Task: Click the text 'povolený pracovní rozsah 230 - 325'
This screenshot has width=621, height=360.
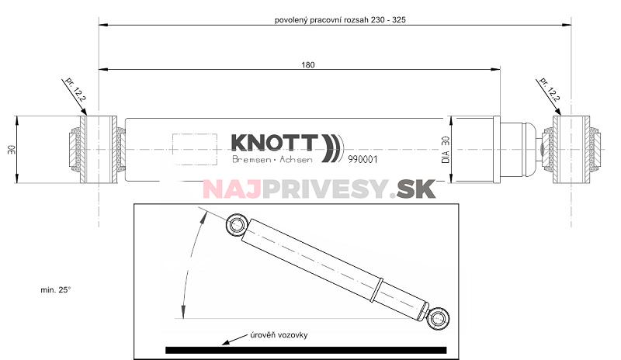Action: (341, 20)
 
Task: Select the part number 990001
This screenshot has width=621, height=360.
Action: (363, 159)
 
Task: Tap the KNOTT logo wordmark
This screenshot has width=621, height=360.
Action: (274, 144)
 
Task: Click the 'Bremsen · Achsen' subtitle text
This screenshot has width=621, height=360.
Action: (272, 160)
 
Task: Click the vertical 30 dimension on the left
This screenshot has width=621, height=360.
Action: (11, 149)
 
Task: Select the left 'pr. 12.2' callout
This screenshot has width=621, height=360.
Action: (73, 92)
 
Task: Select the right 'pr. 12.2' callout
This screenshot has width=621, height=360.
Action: (550, 92)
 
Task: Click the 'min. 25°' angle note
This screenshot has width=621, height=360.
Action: (56, 289)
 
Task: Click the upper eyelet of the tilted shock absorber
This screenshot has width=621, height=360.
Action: (234, 225)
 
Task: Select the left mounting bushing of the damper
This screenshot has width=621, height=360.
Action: (99, 149)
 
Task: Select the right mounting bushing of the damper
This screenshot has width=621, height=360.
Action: (573, 149)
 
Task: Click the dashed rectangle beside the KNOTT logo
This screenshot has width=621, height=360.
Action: (194, 148)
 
